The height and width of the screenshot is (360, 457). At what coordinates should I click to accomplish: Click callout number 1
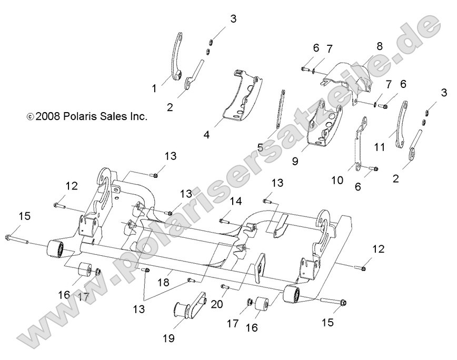click(x=155, y=89)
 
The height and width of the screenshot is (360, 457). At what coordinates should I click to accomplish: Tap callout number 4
click(x=206, y=135)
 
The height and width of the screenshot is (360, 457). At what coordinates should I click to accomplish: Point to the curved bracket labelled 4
click(x=240, y=97)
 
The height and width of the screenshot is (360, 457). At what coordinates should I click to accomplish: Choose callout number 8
click(x=380, y=46)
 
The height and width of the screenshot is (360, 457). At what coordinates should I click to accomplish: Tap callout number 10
click(x=337, y=180)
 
